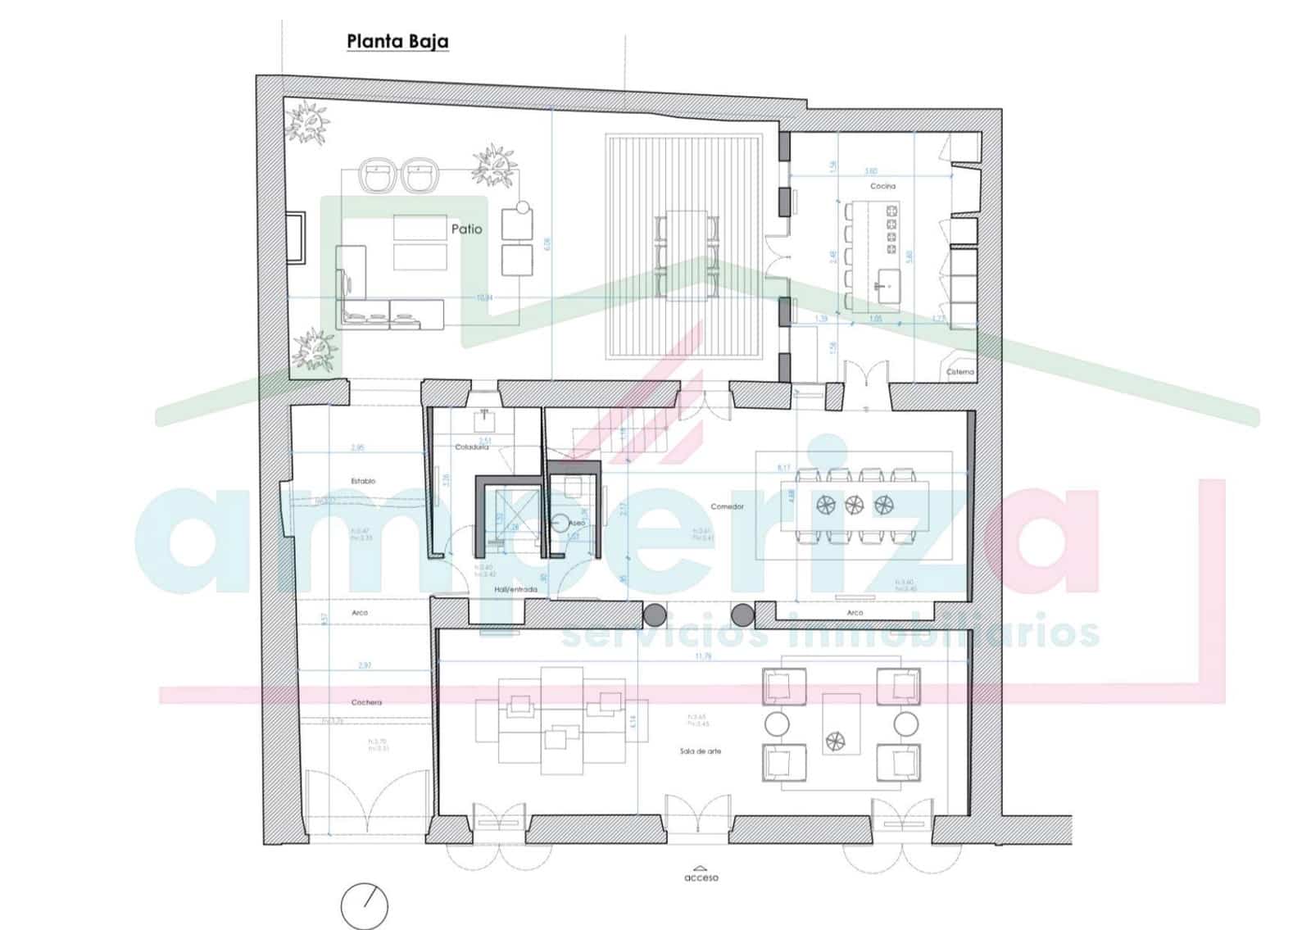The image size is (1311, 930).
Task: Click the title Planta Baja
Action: pos(397,41)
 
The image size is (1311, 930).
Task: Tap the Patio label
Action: pos(466,229)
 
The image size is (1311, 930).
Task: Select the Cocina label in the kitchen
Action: pos(882,186)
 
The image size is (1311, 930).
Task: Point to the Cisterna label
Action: pos(960,372)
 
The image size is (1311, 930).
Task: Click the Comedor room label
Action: pos(727,506)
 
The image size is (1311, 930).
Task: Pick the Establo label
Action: pos(363,481)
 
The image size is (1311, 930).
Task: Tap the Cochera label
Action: pos(366,702)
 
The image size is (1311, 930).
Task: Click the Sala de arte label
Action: pos(700,751)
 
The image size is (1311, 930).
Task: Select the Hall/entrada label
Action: pos(515,589)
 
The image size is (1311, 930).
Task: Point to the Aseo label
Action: pos(577,523)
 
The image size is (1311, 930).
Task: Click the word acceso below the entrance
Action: pos(701,878)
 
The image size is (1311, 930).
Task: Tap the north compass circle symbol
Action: pos(365,906)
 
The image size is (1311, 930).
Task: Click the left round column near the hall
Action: pos(654,615)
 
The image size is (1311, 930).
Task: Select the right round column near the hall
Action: pos(742,615)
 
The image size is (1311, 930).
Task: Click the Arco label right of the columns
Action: pos(855,613)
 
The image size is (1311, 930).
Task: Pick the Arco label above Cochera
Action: pos(360,613)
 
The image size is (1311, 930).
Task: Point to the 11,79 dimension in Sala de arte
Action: pos(703,656)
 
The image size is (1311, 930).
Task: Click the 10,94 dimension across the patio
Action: pos(484,297)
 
